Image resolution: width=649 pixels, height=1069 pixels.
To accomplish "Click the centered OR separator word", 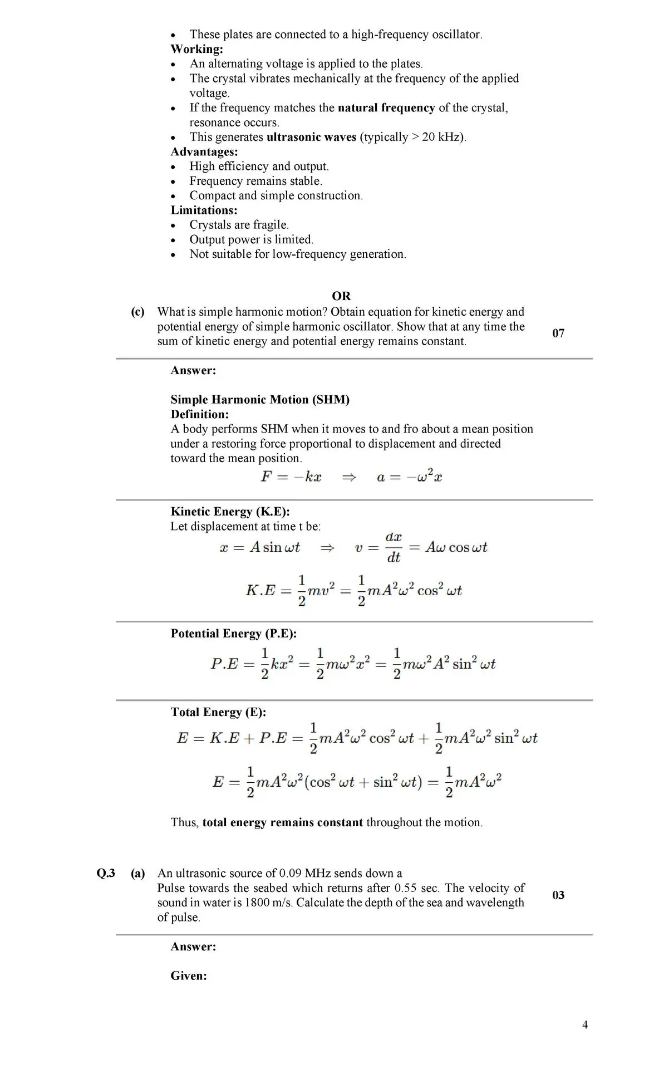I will point(341,296).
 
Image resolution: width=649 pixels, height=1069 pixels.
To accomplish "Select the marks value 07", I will point(558,333).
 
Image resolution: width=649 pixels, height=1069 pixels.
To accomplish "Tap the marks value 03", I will point(558,895).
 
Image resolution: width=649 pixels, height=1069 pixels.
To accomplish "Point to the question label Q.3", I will point(106,873).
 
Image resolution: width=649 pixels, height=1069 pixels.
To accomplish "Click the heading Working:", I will point(196,49).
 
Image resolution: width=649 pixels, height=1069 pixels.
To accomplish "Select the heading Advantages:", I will point(204,151).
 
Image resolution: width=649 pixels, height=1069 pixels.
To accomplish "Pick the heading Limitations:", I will point(204,210).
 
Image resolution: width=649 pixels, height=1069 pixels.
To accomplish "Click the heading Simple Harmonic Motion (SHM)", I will point(260,400).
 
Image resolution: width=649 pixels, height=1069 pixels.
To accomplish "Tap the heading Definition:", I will point(200,414).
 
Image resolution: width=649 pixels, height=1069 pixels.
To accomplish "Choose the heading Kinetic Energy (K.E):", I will point(230,512).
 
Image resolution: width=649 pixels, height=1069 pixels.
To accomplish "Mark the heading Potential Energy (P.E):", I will point(233,634).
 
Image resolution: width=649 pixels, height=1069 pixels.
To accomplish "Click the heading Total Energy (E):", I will point(218,712).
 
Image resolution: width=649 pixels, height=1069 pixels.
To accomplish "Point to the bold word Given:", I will point(189,976).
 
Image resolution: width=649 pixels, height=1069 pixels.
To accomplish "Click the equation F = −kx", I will point(291,477).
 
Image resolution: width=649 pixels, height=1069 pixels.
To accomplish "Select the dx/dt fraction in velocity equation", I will point(394,547).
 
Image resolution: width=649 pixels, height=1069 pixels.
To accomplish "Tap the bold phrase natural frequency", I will point(386,108).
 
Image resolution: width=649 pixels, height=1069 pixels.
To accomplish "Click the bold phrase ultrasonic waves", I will point(312,137).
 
